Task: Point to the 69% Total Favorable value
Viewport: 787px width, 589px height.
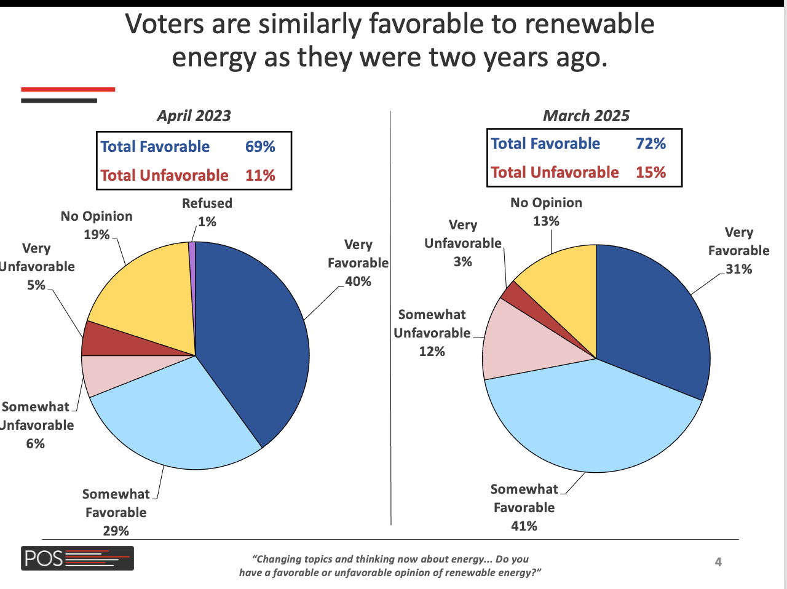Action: pos(260,147)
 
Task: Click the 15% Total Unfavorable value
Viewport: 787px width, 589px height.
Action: pos(651,173)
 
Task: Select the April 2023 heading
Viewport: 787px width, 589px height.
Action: pos(194,116)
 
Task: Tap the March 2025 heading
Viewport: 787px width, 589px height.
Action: pos(586,116)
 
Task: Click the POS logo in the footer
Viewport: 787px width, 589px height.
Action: pos(77,558)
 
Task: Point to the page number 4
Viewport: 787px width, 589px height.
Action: pos(718,562)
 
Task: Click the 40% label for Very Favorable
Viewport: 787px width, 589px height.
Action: pos(358,282)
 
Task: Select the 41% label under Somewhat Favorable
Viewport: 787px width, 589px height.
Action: pos(524,526)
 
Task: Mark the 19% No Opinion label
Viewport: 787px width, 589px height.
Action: pos(97,235)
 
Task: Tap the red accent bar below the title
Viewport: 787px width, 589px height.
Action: pos(68,90)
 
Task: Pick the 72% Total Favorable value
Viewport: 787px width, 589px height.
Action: pos(651,144)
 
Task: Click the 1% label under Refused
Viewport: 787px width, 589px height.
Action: pos(207,222)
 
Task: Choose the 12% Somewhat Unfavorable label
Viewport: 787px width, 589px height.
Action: pos(432,352)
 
